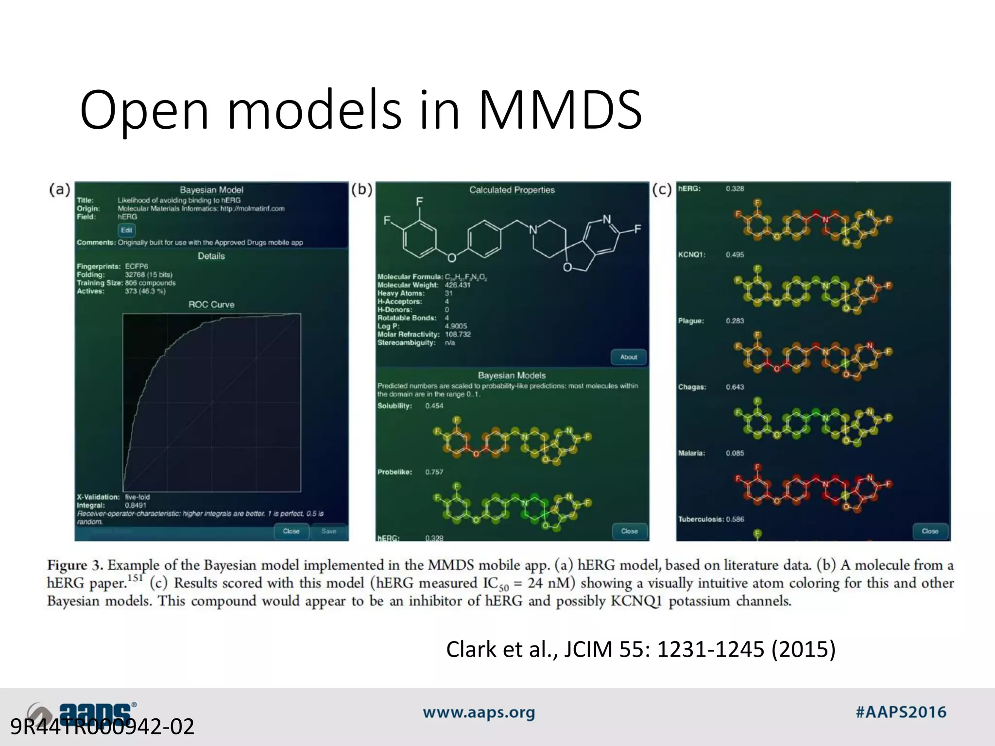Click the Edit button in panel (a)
coord(126,230)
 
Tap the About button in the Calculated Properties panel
coord(629,357)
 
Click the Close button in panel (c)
coord(930,531)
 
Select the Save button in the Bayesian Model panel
coord(329,531)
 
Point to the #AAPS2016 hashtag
coord(901,712)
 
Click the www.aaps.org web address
coord(479,712)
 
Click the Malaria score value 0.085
coord(735,453)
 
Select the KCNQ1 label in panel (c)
coord(691,254)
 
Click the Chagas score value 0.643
coord(735,387)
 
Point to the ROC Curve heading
coord(211,305)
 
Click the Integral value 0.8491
coord(136,505)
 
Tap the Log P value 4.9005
coord(456,326)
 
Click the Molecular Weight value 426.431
coord(457,285)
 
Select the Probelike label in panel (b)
coord(395,472)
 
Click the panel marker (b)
coord(362,189)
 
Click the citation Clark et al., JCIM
coord(640,649)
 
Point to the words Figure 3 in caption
coord(74,565)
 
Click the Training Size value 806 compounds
coord(150,283)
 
